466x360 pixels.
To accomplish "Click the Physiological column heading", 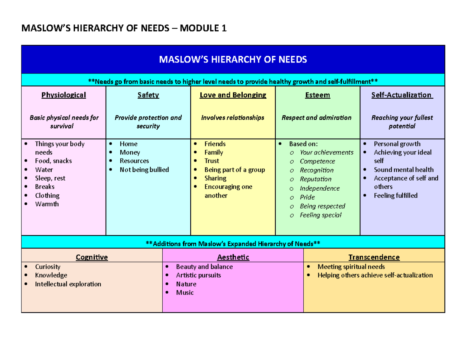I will click(x=64, y=95).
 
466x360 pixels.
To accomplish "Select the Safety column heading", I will click(x=148, y=95).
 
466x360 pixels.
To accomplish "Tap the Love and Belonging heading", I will click(x=233, y=95).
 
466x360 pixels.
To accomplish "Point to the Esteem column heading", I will click(x=317, y=95).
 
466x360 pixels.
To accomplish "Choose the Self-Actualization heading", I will click(x=402, y=95).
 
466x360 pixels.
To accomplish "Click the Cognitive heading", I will click(x=92, y=257).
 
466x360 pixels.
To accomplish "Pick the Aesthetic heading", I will click(x=233, y=257).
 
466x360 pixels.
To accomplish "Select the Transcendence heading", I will click(x=374, y=257).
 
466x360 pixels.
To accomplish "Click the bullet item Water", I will click(x=44, y=170).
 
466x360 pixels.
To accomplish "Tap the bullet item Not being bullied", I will click(x=144, y=170).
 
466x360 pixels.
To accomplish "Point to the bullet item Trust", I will click(x=212, y=161).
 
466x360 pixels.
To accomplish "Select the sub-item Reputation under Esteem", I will click(x=315, y=179).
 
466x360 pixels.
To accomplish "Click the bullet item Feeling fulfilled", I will click(x=395, y=195).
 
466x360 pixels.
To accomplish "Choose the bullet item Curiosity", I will click(x=47, y=267).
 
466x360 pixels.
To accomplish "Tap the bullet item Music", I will click(x=184, y=292).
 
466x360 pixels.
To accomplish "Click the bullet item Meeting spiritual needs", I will click(x=351, y=267).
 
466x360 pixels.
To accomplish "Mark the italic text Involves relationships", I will click(x=233, y=118).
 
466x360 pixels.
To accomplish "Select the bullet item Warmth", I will click(x=47, y=204).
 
